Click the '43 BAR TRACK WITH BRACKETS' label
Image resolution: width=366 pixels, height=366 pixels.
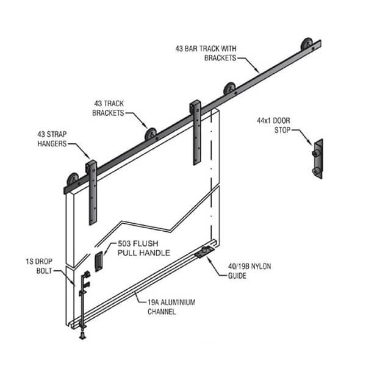[205, 52]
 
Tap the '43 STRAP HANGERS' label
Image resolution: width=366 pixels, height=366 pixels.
[52, 140]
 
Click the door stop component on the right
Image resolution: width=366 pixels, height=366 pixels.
[317, 159]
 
